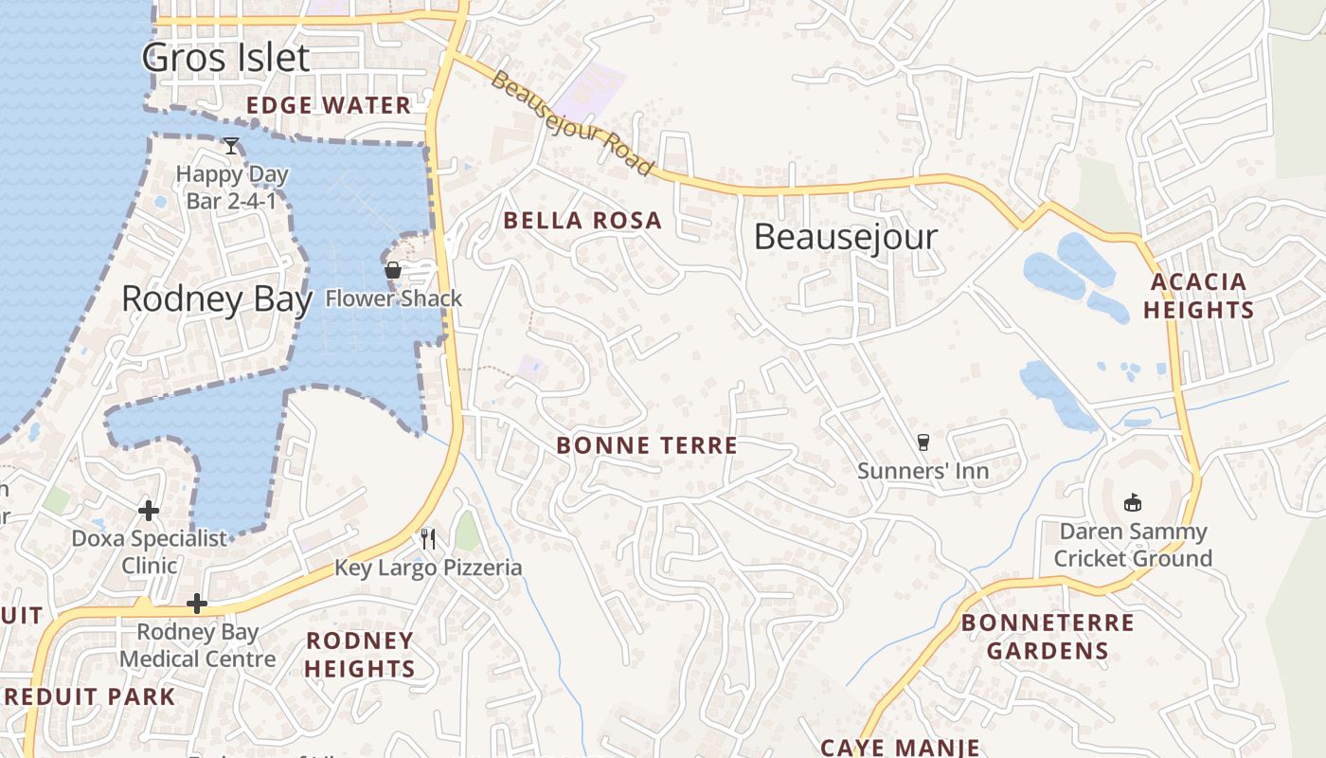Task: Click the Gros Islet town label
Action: pyautogui.click(x=225, y=58)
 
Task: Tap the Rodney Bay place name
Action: pyautogui.click(x=217, y=299)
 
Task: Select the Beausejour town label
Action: pyautogui.click(x=846, y=237)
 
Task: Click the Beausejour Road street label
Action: pyautogui.click(x=572, y=123)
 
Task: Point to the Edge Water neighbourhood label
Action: pyautogui.click(x=329, y=105)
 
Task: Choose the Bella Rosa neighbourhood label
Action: pyautogui.click(x=582, y=221)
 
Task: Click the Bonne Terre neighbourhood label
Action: pyautogui.click(x=647, y=445)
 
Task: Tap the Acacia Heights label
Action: pyautogui.click(x=1199, y=296)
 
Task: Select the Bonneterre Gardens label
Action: pyautogui.click(x=1048, y=637)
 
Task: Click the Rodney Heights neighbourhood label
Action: pyautogui.click(x=360, y=655)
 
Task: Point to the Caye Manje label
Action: pyautogui.click(x=900, y=747)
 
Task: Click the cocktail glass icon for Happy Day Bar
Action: pyautogui.click(x=231, y=146)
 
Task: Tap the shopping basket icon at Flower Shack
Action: pyautogui.click(x=393, y=271)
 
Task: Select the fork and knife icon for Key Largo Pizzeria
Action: pyautogui.click(x=428, y=539)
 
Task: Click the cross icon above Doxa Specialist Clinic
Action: pyautogui.click(x=149, y=511)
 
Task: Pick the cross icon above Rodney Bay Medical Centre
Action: pyautogui.click(x=197, y=604)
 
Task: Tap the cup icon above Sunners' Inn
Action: pyautogui.click(x=923, y=442)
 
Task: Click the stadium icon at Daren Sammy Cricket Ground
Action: pyautogui.click(x=1132, y=502)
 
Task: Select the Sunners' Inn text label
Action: pyautogui.click(x=923, y=471)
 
